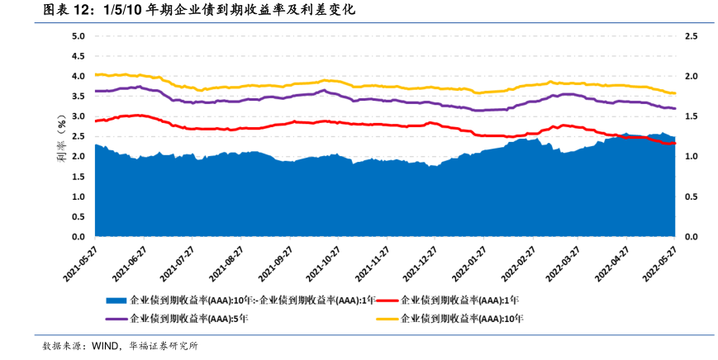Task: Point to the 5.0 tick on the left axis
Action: click(x=78, y=36)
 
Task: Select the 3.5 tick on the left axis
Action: click(x=78, y=97)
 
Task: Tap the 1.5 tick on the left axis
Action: click(x=78, y=177)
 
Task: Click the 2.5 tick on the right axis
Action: click(x=691, y=36)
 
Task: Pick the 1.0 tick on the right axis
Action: click(x=691, y=157)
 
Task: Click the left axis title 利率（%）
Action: click(x=61, y=137)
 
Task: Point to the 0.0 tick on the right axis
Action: click(x=691, y=237)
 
